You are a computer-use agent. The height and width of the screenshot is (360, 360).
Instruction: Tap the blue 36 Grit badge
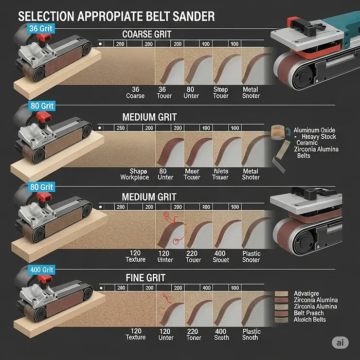tap(40, 29)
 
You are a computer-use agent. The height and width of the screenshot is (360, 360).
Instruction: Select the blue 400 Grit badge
tap(41, 270)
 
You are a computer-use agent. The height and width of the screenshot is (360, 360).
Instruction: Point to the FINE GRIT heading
tap(145, 278)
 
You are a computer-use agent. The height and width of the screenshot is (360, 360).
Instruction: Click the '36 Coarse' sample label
tap(135, 92)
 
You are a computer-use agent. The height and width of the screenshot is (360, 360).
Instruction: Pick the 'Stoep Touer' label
tap(220, 92)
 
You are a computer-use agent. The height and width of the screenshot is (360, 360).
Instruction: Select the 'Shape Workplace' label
tap(135, 174)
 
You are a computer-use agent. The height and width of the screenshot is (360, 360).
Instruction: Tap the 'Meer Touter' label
tap(192, 174)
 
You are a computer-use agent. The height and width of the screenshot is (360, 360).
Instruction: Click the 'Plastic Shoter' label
tap(251, 256)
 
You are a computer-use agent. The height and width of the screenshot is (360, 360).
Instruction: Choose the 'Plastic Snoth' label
tap(251, 334)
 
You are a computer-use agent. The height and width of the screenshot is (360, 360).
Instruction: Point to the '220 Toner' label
tap(193, 334)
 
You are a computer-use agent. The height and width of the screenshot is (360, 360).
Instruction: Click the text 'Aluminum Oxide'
tap(314, 130)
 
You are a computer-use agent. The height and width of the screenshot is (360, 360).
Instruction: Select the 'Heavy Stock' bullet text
tap(319, 137)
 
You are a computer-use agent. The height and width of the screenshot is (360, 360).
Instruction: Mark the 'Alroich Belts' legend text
tap(310, 319)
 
